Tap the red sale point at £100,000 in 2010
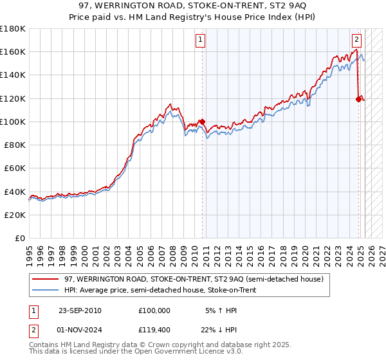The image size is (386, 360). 202,122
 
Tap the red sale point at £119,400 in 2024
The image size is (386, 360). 358,98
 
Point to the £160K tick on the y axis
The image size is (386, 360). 14,52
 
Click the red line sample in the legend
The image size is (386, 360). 45,278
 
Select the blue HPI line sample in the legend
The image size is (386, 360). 45,290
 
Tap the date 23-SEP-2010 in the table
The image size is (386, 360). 80,310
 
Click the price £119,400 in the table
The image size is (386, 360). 154,328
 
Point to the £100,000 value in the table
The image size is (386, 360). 154,310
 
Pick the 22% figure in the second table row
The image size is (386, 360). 209,328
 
